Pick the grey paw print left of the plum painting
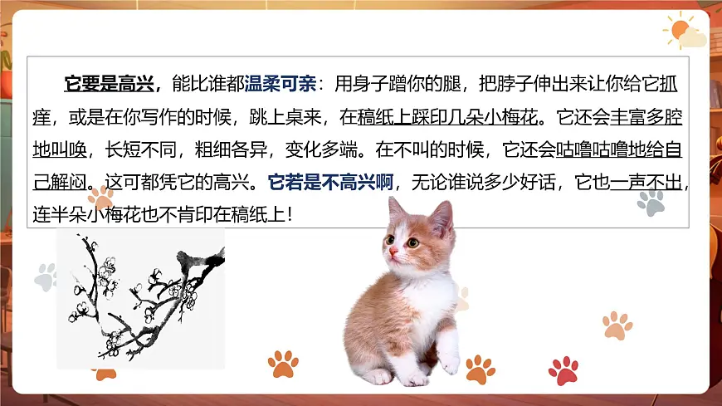[45, 276]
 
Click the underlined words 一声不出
[647, 182]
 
